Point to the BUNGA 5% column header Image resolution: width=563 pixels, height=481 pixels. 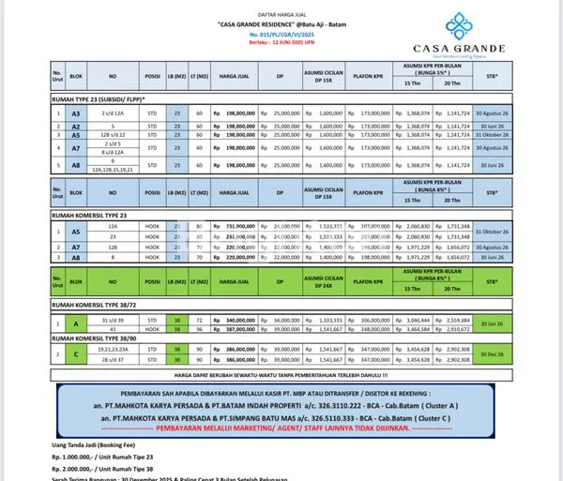click(437, 73)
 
